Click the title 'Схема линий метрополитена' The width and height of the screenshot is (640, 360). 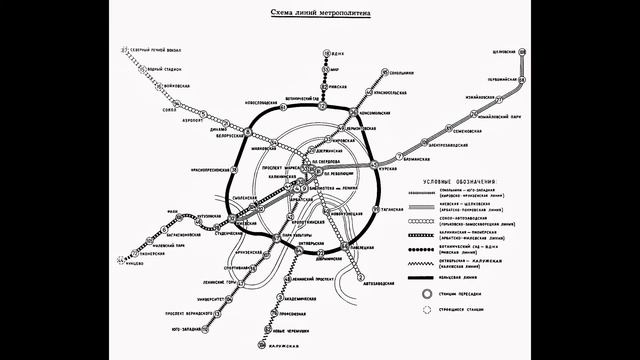(x=321, y=13)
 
